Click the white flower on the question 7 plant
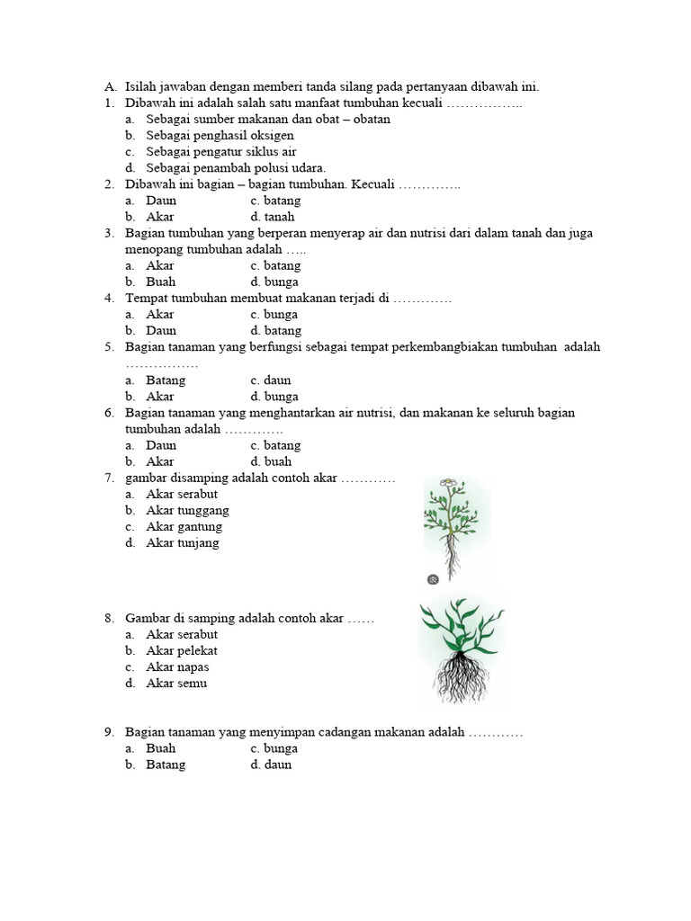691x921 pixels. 447,485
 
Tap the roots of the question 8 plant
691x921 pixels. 461,676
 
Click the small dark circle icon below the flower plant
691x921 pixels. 434,579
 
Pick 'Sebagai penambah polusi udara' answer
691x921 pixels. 236,168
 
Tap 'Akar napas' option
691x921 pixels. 177,667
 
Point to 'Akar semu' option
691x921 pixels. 176,684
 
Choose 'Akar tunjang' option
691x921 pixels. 183,543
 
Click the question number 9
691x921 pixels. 108,733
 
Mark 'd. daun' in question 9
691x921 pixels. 271,765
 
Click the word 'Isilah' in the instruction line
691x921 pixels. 140,87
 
